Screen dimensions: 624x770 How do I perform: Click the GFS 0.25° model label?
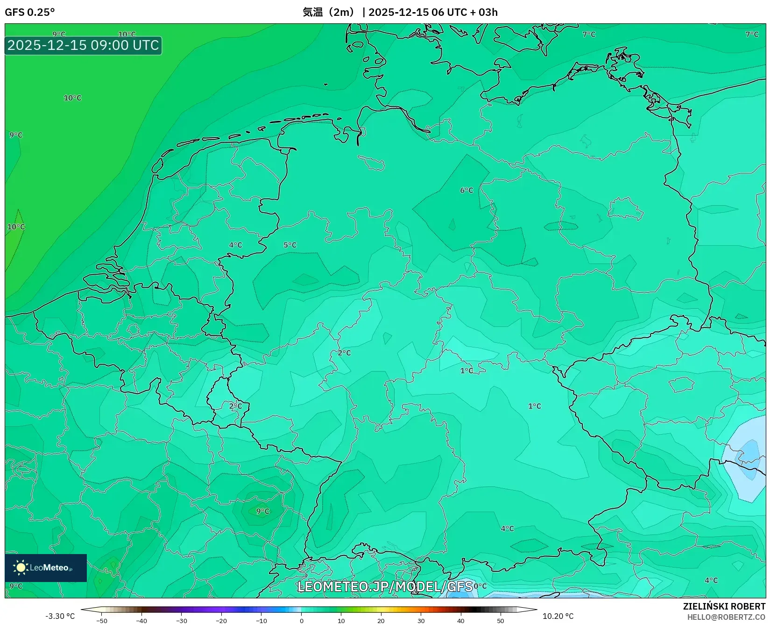pos(29,12)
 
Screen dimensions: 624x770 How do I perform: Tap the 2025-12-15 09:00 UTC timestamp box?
pos(83,45)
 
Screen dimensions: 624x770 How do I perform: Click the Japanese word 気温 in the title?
pos(312,12)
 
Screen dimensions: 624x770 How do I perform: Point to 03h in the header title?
pos(488,12)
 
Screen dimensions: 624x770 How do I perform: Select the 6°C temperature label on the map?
pos(466,190)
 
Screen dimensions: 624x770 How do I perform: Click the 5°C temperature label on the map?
pos(290,245)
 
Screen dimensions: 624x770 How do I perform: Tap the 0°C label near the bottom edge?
pos(480,586)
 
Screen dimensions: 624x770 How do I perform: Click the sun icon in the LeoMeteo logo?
pos(21,567)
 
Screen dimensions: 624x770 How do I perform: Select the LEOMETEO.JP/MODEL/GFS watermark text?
pos(385,586)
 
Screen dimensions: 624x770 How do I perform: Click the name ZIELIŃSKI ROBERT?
pos(724,606)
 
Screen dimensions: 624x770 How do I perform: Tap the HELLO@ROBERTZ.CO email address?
pos(726,617)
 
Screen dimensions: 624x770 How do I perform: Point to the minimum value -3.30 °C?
pos(60,616)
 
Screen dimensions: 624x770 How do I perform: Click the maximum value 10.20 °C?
pos(558,616)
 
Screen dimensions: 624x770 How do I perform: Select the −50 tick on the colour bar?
pos(102,621)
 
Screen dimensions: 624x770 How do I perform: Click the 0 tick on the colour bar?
pos(302,621)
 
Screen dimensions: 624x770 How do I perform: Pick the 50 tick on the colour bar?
pos(501,621)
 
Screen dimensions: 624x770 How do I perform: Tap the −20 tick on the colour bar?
pos(221,621)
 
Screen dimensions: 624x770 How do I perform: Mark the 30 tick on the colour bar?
pos(421,621)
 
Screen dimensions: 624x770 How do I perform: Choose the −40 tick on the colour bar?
pos(141,621)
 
